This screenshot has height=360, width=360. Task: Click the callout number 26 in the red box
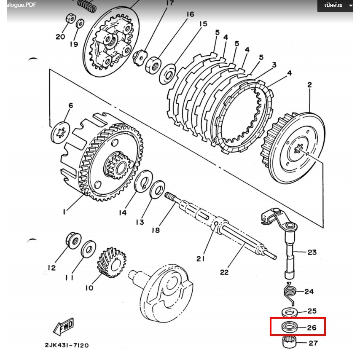coord(312,328)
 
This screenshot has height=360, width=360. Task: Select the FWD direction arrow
coord(63,326)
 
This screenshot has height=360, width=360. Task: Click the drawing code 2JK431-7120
coord(67,345)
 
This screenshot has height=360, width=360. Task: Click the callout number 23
coord(312,253)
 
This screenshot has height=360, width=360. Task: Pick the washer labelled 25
coord(290,312)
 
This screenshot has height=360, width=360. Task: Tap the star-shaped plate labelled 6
coord(60,132)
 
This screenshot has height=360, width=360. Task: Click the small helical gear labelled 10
coord(112,262)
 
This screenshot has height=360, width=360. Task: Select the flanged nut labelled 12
coord(73,240)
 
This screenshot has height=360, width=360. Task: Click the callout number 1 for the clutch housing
coord(64,211)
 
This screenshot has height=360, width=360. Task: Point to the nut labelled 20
coord(71,19)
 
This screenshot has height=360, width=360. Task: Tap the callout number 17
coord(170,3)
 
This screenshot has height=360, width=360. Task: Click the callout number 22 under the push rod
coord(224,272)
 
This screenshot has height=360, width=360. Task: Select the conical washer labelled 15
coord(168,74)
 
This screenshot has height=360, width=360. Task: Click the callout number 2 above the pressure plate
coord(309,85)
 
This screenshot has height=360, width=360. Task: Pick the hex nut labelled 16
coord(153,65)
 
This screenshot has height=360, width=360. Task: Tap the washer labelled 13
coord(157,190)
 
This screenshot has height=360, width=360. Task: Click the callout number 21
coord(200,259)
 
